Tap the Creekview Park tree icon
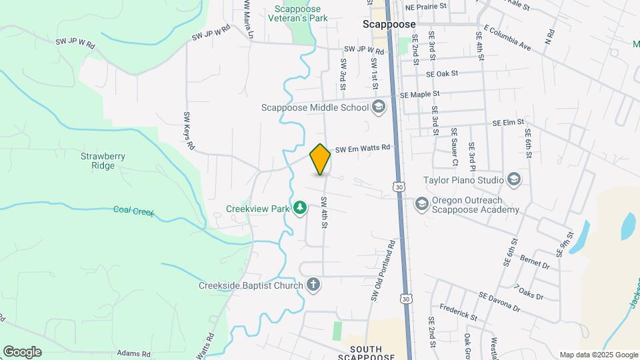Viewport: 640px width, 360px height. pyautogui.click(x=301, y=208)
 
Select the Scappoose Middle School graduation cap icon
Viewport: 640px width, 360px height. pyautogui.click(x=379, y=107)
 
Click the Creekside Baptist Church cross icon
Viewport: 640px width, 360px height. pyautogui.click(x=313, y=285)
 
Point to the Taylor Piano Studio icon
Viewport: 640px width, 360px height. pyautogui.click(x=514, y=179)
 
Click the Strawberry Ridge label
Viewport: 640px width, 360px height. pyautogui.click(x=103, y=161)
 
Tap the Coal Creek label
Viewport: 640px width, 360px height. pyautogui.click(x=133, y=211)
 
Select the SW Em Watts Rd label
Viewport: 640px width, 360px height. pyautogui.click(x=362, y=149)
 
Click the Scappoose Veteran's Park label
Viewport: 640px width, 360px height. pyautogui.click(x=301, y=13)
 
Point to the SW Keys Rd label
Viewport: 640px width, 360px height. pyautogui.click(x=189, y=130)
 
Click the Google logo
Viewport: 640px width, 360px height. pyautogui.click(x=22, y=351)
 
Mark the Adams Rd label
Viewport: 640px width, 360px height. pyautogui.click(x=133, y=353)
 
